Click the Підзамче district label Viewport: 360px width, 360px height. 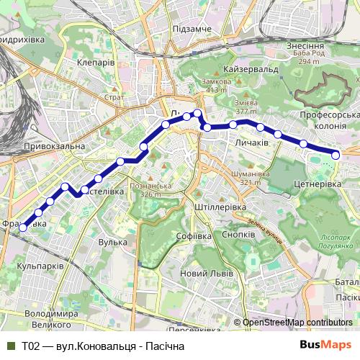pyautogui.click(x=191, y=28)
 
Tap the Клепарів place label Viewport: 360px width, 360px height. pyautogui.click(x=96, y=63)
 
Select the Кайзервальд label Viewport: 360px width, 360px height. pyautogui.click(x=251, y=68)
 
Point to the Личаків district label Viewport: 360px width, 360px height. pyautogui.click(x=251, y=144)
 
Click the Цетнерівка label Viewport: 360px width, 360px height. pyautogui.click(x=318, y=185)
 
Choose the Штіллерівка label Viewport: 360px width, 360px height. pyautogui.click(x=221, y=207)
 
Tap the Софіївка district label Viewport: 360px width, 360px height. pyautogui.click(x=194, y=236)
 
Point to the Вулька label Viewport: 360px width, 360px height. pyautogui.click(x=112, y=243)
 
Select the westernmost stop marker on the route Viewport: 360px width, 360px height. pyautogui.click(x=22, y=228)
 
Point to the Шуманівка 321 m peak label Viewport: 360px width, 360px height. pyautogui.click(x=250, y=178)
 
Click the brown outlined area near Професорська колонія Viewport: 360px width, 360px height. pyautogui.click(x=323, y=90)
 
